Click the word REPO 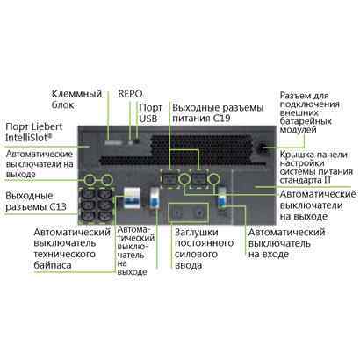click(x=130, y=94)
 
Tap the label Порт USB click(x=150, y=113)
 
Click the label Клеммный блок click(x=76, y=99)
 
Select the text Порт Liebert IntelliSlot click(x=34, y=133)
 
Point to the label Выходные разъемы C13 click(x=36, y=201)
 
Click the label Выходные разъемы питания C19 click(x=218, y=112)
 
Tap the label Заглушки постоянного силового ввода click(x=204, y=248)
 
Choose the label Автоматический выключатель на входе click(x=286, y=243)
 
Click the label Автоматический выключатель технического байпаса click(x=72, y=248)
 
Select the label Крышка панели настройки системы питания click(x=316, y=167)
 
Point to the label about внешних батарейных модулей click(x=310, y=112)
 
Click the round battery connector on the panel click(x=260, y=148)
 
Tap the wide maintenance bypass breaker click(x=133, y=198)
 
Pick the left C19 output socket click(x=170, y=178)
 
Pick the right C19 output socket click(x=199, y=178)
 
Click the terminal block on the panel click(x=113, y=143)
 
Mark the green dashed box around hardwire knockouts click(x=189, y=212)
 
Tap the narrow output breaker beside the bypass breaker click(x=155, y=198)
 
